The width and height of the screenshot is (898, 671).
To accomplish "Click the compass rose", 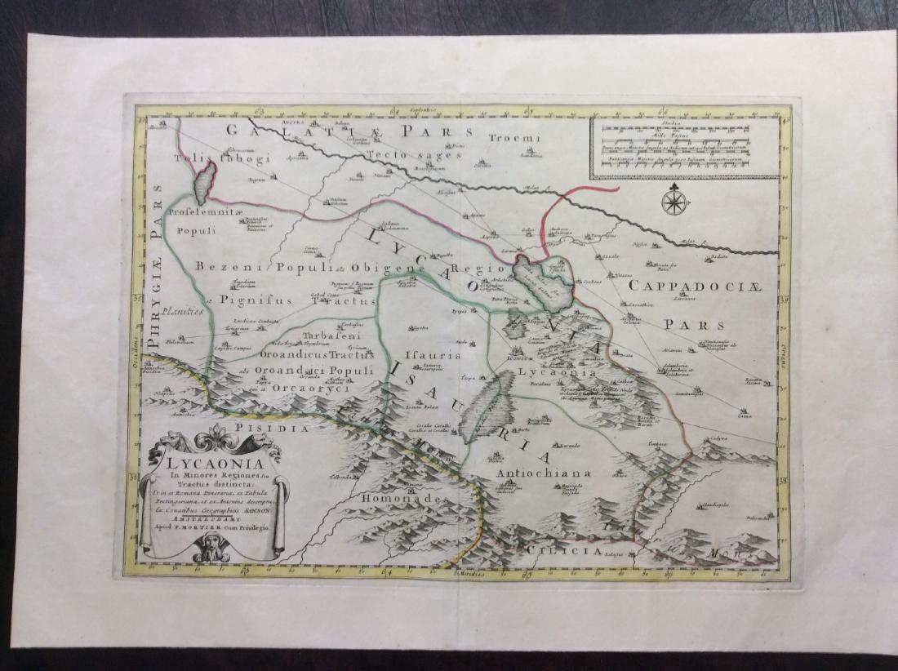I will [674, 201].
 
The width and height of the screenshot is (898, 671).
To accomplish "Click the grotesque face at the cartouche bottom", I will [211, 553].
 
